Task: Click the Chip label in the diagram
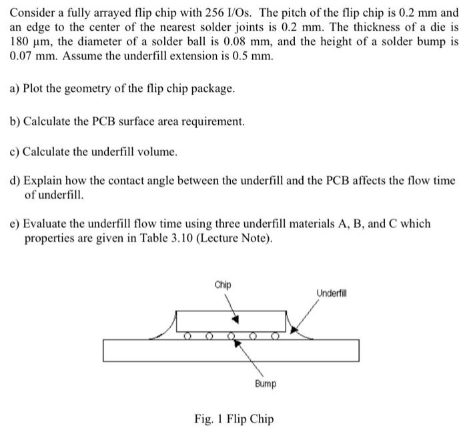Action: click(x=223, y=285)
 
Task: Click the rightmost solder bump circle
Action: click(x=275, y=335)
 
